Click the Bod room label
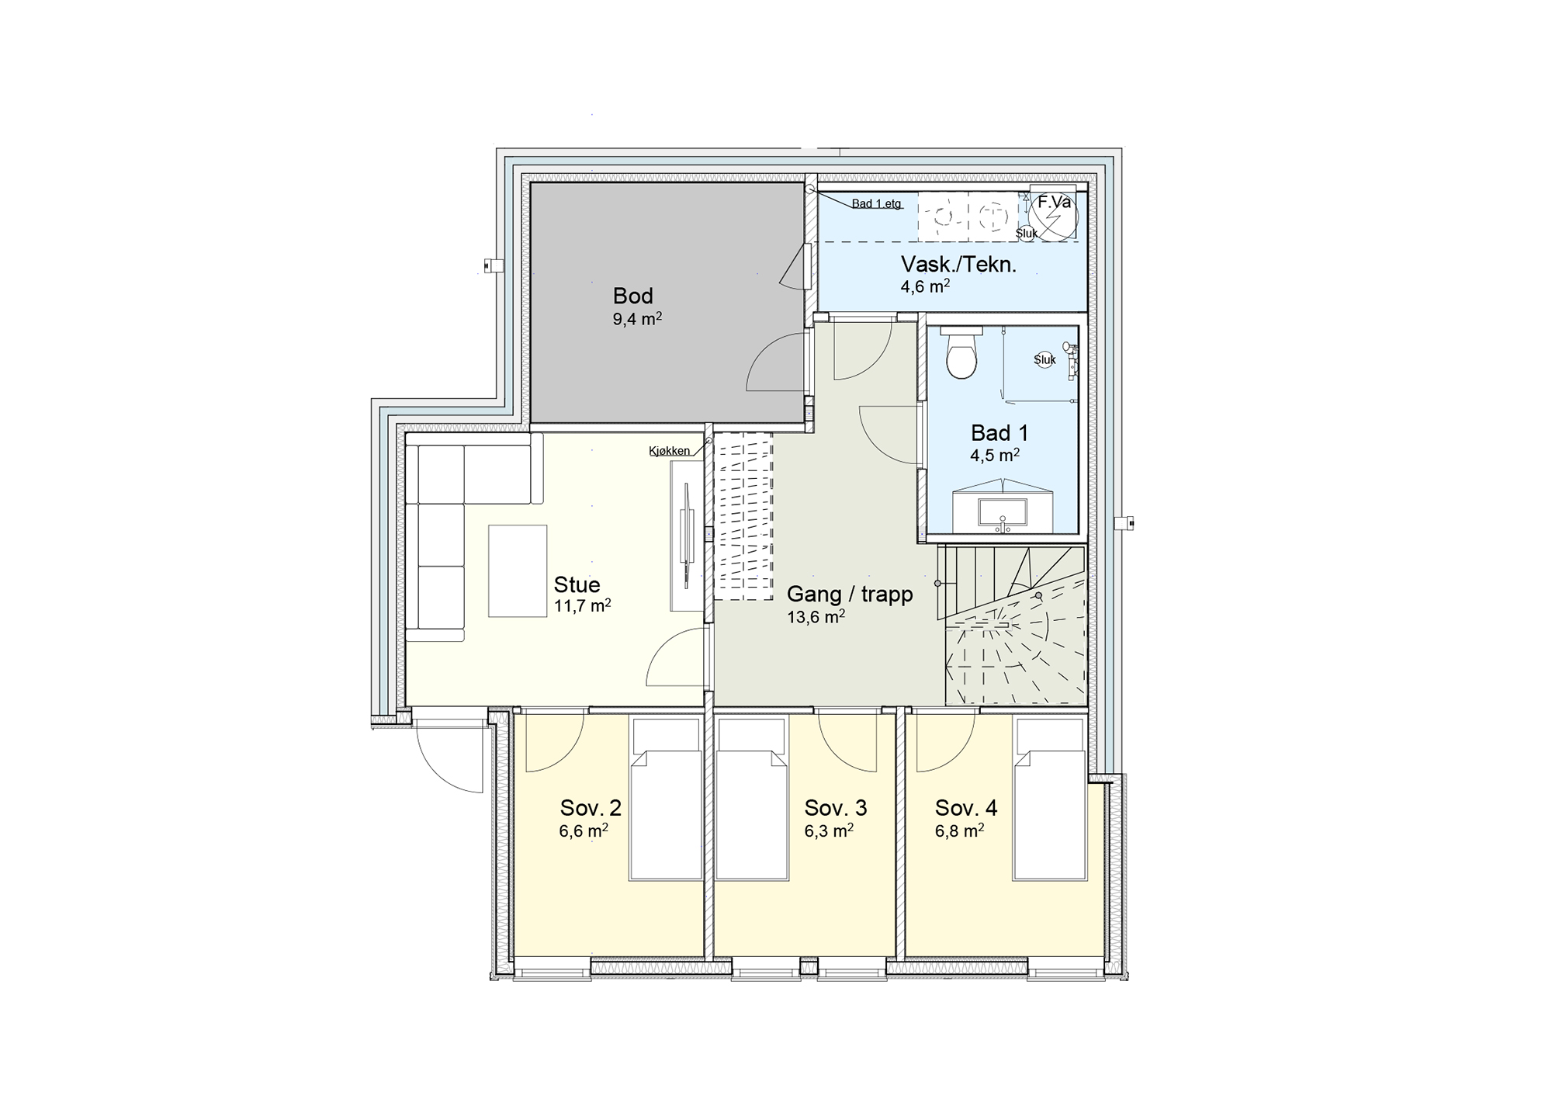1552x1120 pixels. point(632,296)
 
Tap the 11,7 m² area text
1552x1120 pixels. point(582,605)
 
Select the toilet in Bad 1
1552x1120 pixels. point(962,352)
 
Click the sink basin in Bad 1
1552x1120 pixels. point(1003,514)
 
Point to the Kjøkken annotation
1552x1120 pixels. point(669,451)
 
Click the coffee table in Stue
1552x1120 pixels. point(518,570)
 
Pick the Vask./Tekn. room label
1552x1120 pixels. point(958,265)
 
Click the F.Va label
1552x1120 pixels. point(1055,203)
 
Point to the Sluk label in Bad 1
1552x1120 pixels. point(1044,360)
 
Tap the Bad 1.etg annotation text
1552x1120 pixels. point(876,204)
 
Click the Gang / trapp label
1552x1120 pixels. point(850,595)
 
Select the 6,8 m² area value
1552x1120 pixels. point(959,831)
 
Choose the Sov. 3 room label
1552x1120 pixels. point(836,808)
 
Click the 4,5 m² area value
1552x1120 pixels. point(995,455)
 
